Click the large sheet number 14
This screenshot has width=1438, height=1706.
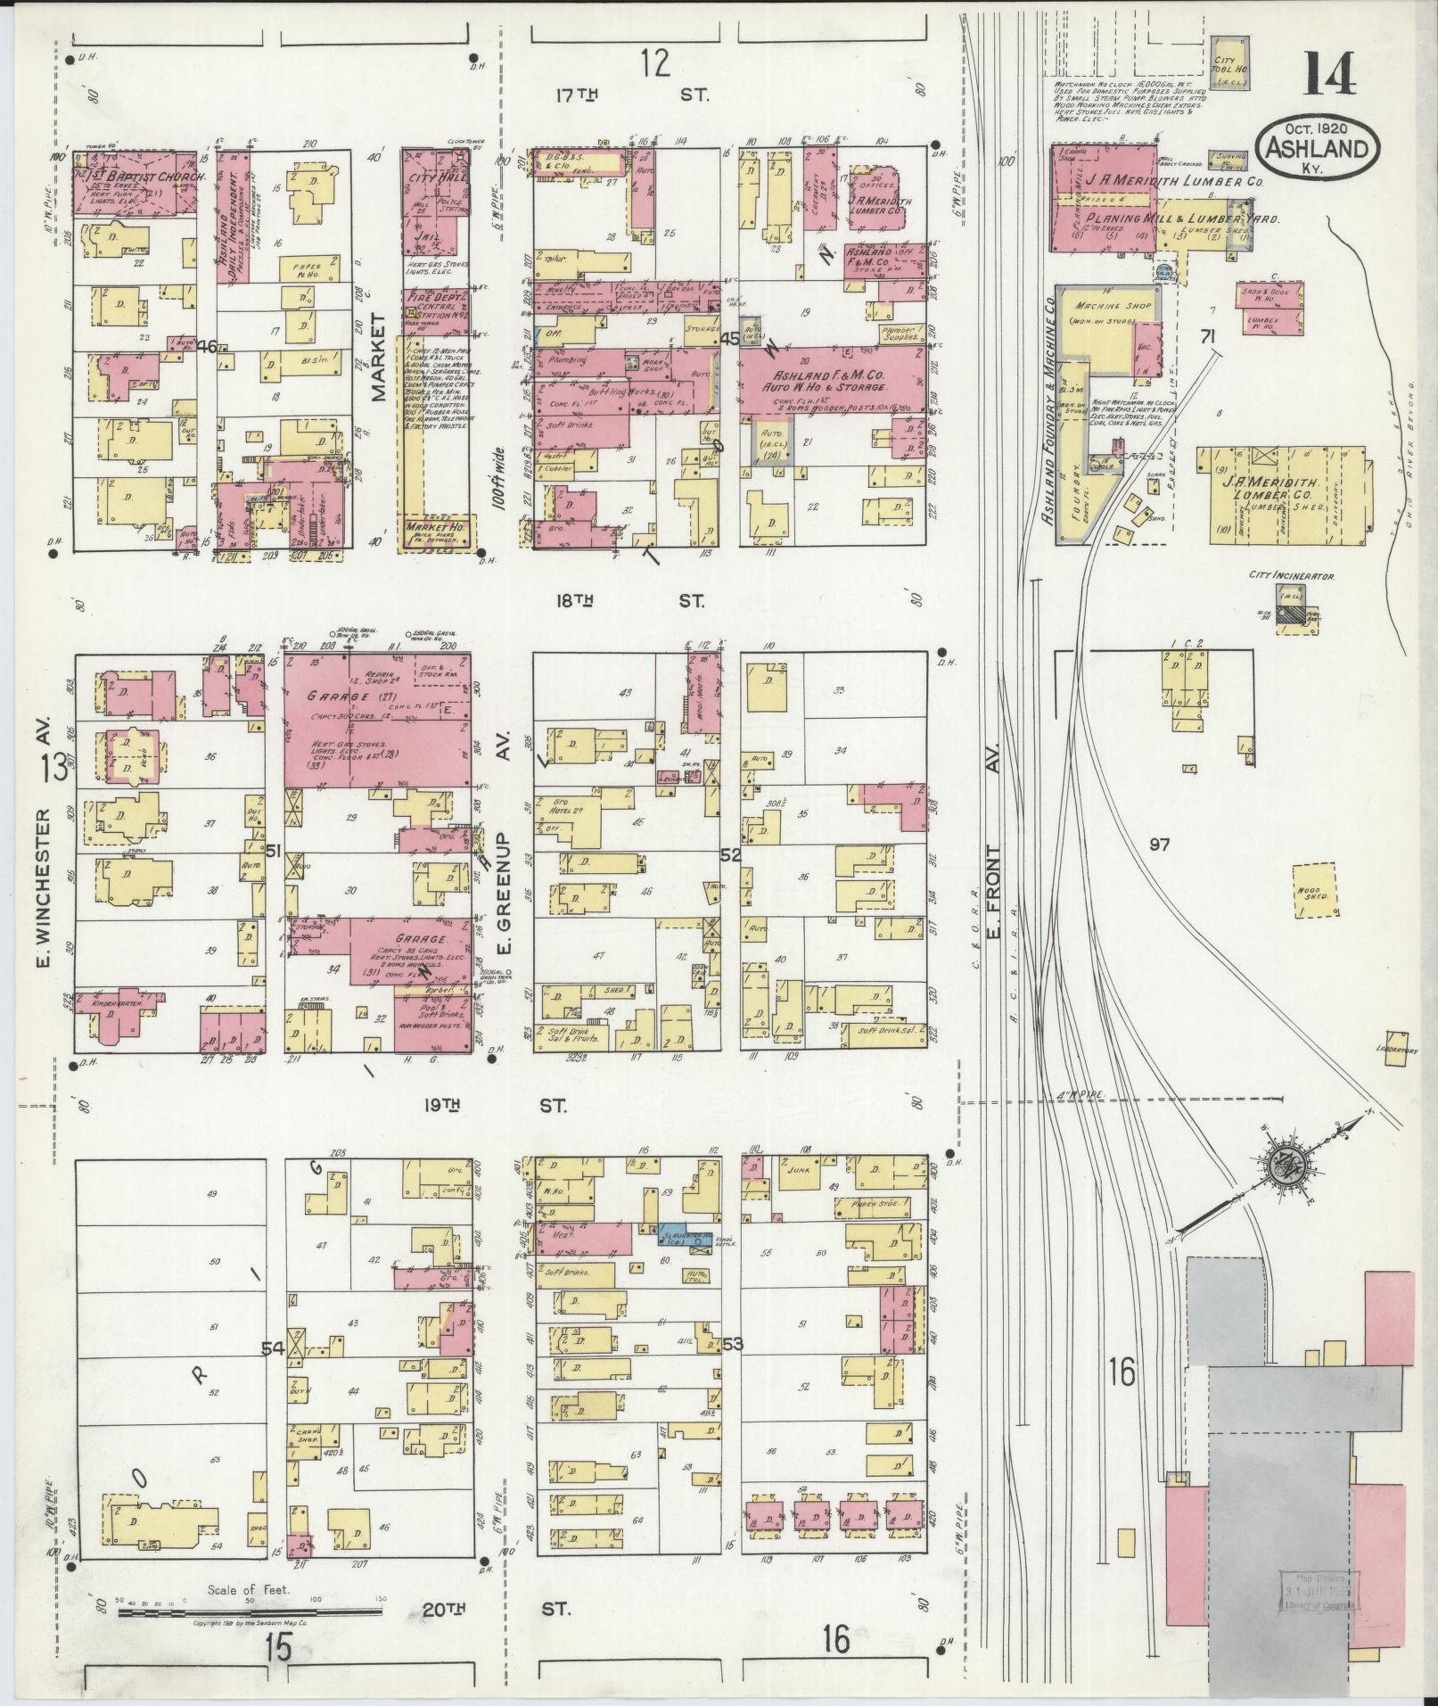click(1331, 74)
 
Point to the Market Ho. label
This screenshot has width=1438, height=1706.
click(438, 528)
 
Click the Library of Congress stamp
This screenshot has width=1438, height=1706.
click(1319, 1595)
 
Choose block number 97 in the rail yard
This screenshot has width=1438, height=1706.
click(1158, 844)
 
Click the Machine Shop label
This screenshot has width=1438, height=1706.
click(1100, 306)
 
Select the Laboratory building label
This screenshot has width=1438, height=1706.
click(1395, 1050)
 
